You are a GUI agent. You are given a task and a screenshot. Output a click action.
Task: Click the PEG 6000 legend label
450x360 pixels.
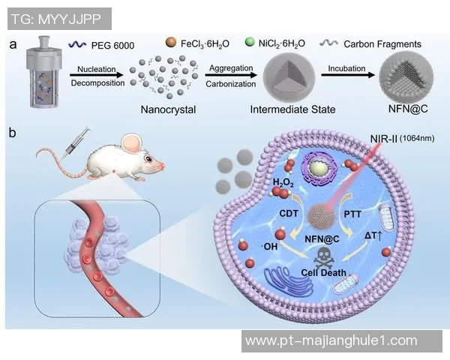coord(114,46)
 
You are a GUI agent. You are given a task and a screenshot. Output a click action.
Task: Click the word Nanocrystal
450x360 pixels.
coord(168,109)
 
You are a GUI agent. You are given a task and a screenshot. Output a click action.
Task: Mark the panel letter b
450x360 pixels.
coord(13,133)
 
